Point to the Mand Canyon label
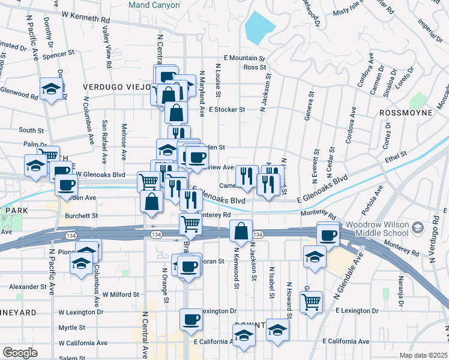point(154,5)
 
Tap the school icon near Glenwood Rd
point(52,90)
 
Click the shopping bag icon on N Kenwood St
point(240,231)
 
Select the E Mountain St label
point(244,58)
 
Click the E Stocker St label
point(228,110)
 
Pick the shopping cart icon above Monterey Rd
point(191,224)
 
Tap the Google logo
point(20,353)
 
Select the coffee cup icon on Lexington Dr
point(191,318)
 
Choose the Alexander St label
point(28,287)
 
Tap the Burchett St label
point(82,215)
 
